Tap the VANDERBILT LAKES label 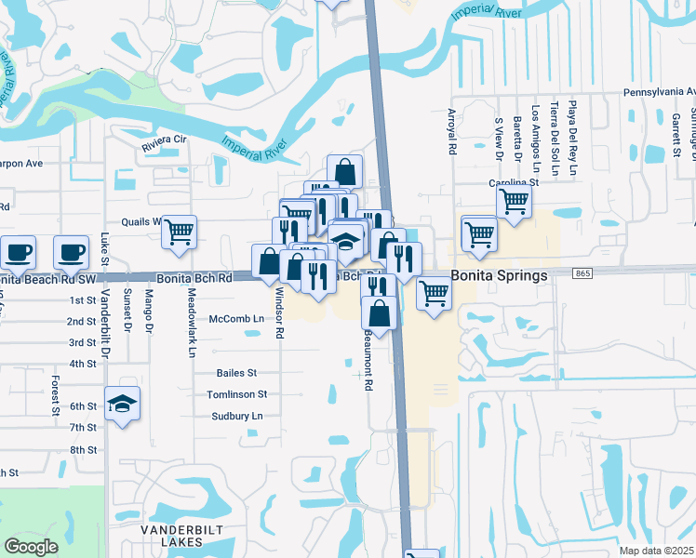tap(176, 533)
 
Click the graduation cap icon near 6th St tap(122, 404)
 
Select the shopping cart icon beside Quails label tap(180, 231)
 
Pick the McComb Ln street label tap(236, 318)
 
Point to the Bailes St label tap(236, 373)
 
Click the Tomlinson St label tap(236, 394)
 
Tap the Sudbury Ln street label tap(236, 416)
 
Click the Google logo tap(32, 546)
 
